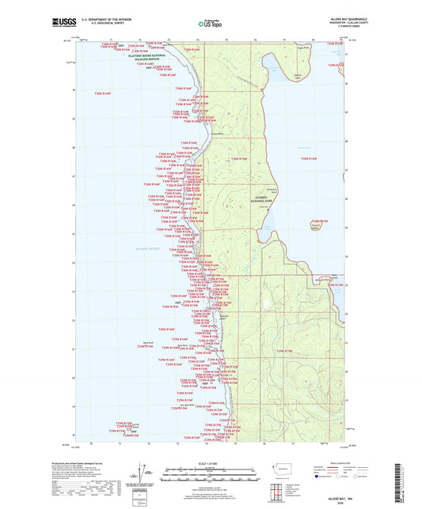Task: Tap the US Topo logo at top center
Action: pos(210,25)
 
